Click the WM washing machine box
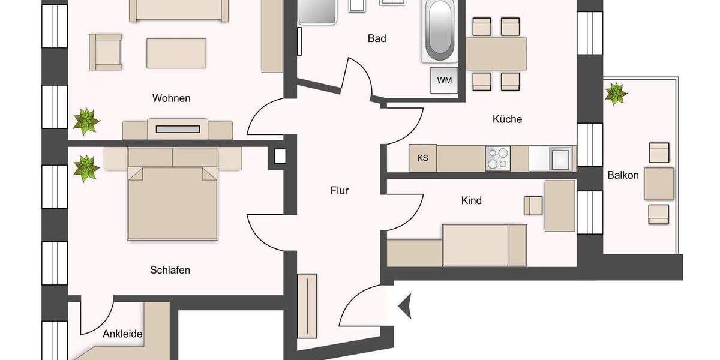pyautogui.click(x=444, y=80)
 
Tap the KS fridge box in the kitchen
pyautogui.click(x=422, y=158)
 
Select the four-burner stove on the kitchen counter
pyautogui.click(x=497, y=158)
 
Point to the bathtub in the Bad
pyautogui.click(x=438, y=30)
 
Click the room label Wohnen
pyautogui.click(x=171, y=98)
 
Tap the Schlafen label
pyautogui.click(x=170, y=270)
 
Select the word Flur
pyautogui.click(x=339, y=191)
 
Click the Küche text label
pyautogui.click(x=507, y=119)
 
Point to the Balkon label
pyautogui.click(x=623, y=175)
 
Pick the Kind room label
pyautogui.click(x=471, y=200)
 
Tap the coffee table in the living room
pyautogui.click(x=176, y=53)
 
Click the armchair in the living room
pyautogui.click(x=106, y=51)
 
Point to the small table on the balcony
pyautogui.click(x=659, y=184)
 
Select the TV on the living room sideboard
pyautogui.click(x=177, y=128)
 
